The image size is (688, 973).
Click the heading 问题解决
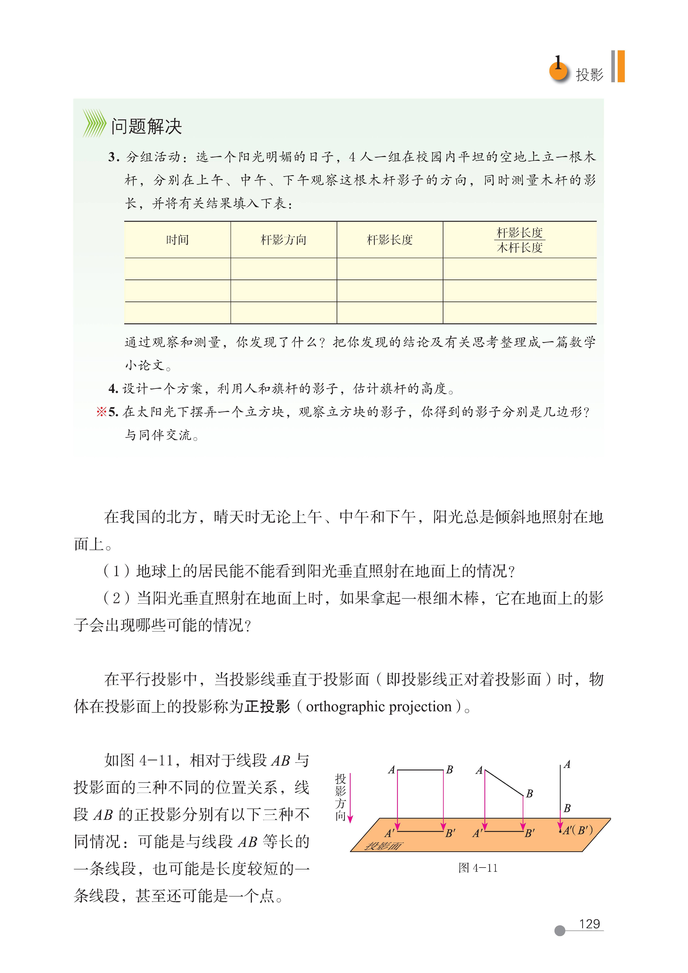[146, 126]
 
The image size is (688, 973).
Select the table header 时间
[177, 240]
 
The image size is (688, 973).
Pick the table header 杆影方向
[283, 240]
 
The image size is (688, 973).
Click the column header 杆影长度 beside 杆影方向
[390, 240]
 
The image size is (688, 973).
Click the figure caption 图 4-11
[478, 868]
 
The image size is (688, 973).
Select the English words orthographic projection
[379, 706]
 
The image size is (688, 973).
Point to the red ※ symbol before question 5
[101, 411]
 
